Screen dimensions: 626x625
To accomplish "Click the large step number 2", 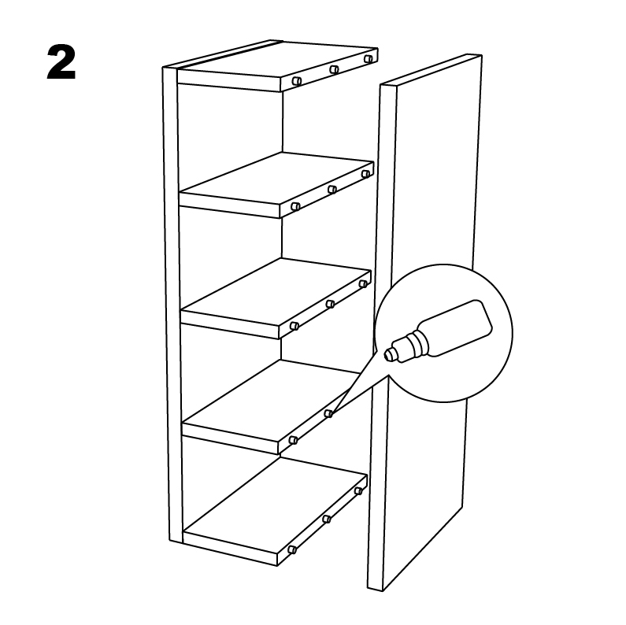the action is click(x=61, y=62).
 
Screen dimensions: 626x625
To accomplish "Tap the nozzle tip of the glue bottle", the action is click(x=387, y=355).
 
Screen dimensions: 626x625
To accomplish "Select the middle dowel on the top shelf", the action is click(x=334, y=70).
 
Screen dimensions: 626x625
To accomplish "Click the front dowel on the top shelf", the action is click(x=296, y=81).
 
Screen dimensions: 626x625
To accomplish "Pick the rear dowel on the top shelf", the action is click(x=368, y=59).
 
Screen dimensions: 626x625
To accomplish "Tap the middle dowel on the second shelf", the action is click(x=332, y=189).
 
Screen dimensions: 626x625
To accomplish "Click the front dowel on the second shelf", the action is click(x=295, y=207).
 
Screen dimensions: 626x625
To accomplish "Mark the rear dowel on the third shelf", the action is click(x=363, y=283).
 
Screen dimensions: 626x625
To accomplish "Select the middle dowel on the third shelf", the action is click(x=330, y=304).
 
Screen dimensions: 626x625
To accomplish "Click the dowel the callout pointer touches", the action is click(x=328, y=413).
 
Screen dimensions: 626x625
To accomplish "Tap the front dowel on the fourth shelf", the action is click(x=293, y=440).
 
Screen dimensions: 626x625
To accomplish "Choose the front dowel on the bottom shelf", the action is click(x=292, y=549).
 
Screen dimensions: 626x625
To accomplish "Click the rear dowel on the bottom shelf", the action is click(x=358, y=491).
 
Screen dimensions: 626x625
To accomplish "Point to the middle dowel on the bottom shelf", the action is click(x=327, y=519).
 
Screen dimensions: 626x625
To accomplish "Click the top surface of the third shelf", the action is click(x=276, y=293).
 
